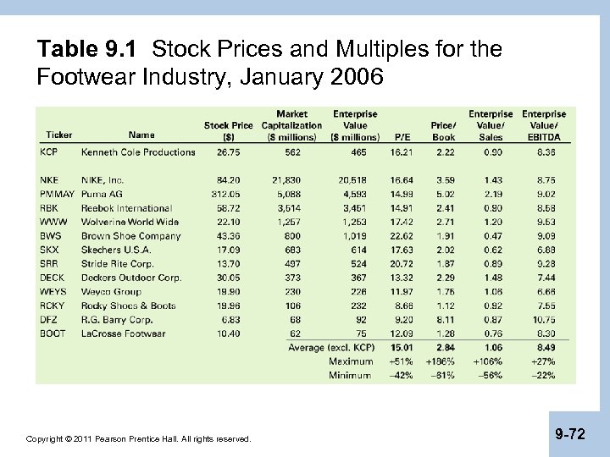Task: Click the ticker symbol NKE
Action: pyautogui.click(x=49, y=180)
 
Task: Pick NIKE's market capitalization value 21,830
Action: pyautogui.click(x=287, y=180)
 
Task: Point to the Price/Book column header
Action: pyautogui.click(x=443, y=129)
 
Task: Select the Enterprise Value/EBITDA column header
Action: pyautogui.click(x=544, y=124)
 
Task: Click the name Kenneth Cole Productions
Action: pyautogui.click(x=138, y=152)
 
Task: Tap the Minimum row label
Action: pyautogui.click(x=351, y=375)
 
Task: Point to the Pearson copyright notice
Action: pyautogui.click(x=139, y=439)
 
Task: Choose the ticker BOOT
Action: pyautogui.click(x=53, y=333)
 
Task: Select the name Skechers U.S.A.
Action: pyautogui.click(x=116, y=250)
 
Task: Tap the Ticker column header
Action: pyautogui.click(x=59, y=135)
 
